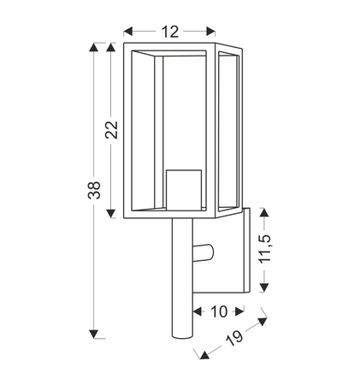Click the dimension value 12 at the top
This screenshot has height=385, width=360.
pos(170,32)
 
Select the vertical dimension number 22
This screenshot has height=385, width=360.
pos(111,130)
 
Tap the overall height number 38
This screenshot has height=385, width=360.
pos(94,190)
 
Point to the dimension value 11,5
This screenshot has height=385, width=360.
pos(265,249)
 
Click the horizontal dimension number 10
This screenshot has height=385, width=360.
pos(219,311)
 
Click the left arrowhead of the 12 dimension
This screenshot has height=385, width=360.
pos(128,32)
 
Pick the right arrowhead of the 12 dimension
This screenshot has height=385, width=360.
pos(210,32)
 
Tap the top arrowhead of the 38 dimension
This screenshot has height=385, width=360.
pos(93,47)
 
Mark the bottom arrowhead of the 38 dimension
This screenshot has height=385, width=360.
pos(93,334)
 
